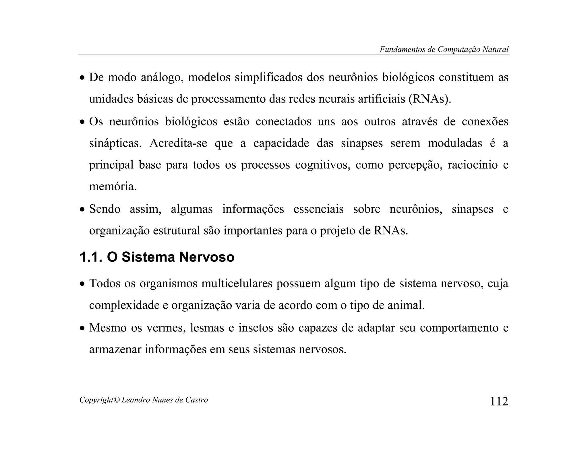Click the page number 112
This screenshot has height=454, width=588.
[x=499, y=401]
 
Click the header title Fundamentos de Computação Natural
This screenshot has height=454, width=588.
[x=444, y=49]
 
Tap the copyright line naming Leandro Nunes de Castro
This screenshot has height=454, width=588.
[x=144, y=400]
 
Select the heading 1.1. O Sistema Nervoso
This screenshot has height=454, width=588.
[x=157, y=257]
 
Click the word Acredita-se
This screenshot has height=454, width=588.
[x=178, y=143]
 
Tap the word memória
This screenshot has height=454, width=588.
[x=113, y=187]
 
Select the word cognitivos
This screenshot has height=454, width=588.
[x=323, y=165]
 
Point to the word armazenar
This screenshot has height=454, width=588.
[x=115, y=350]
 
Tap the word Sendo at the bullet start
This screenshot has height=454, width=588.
[x=105, y=209]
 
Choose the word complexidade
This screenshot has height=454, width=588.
[x=124, y=305]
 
